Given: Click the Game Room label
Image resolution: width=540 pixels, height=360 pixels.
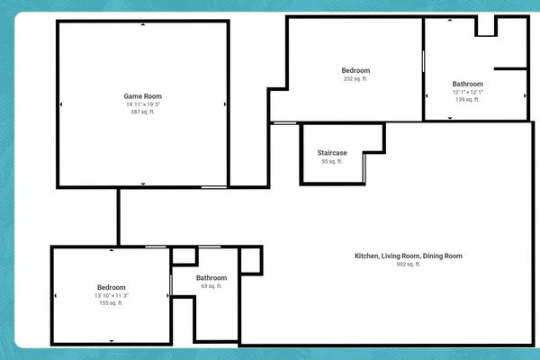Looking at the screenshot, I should click(142, 95).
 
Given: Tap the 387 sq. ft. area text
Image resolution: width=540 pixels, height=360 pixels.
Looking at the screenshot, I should click(142, 112).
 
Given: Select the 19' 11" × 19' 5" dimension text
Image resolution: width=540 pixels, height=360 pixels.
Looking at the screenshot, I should click(142, 104).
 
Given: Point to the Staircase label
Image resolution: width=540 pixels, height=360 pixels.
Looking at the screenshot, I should click(332, 153).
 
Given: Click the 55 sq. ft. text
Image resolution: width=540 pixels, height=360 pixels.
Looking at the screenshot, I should click(332, 162).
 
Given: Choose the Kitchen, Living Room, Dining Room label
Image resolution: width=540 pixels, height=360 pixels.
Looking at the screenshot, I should click(408, 256).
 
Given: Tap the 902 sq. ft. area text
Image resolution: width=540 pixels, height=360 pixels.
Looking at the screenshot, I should click(408, 265).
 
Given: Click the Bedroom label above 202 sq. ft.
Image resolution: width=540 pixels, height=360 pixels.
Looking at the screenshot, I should click(355, 70).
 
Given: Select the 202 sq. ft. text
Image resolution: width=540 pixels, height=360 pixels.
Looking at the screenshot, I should click(355, 79).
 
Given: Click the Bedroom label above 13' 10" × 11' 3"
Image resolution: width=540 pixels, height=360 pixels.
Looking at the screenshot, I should click(112, 287).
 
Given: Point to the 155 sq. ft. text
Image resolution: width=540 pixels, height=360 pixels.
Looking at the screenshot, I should click(112, 304).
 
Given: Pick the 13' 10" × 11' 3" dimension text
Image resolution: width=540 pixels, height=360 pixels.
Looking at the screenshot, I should click(112, 296).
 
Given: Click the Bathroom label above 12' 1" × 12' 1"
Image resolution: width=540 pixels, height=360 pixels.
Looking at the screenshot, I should click(468, 84).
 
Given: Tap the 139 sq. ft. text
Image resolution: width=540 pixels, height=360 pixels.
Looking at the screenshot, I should click(468, 100).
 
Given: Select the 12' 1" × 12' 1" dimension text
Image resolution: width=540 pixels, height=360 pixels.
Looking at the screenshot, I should click(468, 92).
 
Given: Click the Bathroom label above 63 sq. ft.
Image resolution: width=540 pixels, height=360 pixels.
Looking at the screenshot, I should click(211, 278).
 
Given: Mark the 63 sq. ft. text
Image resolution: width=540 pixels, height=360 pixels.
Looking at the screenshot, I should click(211, 287).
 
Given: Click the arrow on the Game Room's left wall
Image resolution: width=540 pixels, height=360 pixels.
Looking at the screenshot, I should click(61, 104).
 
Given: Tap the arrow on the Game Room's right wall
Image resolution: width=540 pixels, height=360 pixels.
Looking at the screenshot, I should click(225, 104).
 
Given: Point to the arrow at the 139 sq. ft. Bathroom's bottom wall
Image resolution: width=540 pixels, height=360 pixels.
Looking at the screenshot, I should click(451, 118).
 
